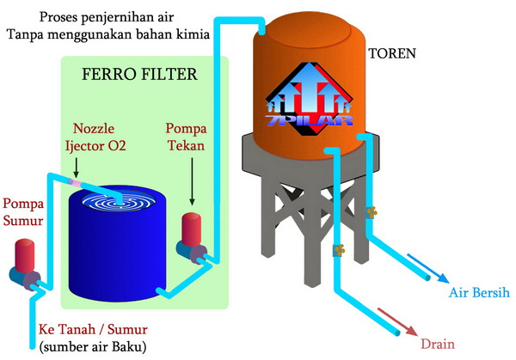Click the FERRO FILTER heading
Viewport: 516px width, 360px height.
(139, 75)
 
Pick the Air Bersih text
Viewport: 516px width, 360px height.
(481, 293)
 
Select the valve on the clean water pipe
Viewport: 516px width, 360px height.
(372, 211)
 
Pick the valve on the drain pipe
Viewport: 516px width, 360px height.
(337, 252)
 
